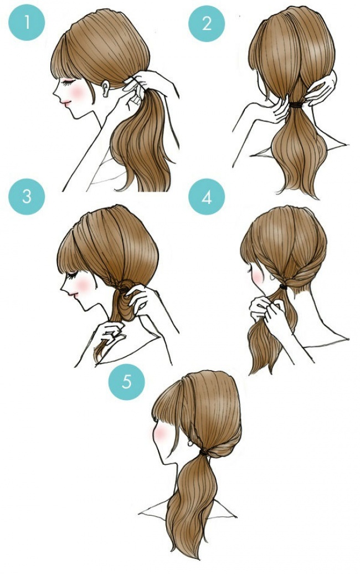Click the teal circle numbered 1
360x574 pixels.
(x=27, y=23)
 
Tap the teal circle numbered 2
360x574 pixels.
(x=207, y=23)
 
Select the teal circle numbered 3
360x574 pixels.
(x=27, y=196)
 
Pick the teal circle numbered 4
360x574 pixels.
(x=207, y=197)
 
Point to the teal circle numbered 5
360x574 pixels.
(x=126, y=381)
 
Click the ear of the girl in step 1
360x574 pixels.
(x=105, y=88)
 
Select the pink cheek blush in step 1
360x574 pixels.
(x=78, y=92)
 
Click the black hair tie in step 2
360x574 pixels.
(x=296, y=105)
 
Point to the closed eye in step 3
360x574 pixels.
(x=73, y=274)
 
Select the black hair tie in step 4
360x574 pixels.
(x=283, y=286)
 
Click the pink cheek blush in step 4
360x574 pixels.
(x=257, y=277)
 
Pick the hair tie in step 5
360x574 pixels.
(x=203, y=453)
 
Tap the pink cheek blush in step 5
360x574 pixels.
(x=160, y=433)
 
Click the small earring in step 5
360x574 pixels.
(x=191, y=444)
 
